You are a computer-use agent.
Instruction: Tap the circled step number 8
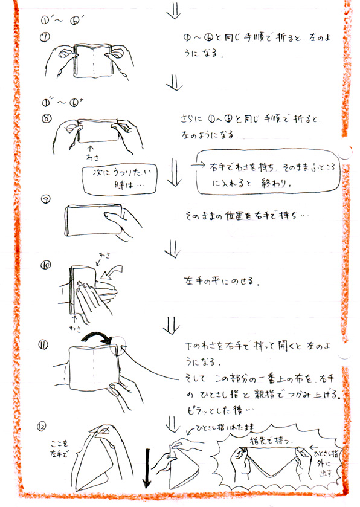tap(46, 118)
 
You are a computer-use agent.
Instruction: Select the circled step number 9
tap(46, 201)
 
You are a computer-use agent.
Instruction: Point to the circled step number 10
tap(45, 264)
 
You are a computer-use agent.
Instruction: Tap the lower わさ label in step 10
tap(74, 327)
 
